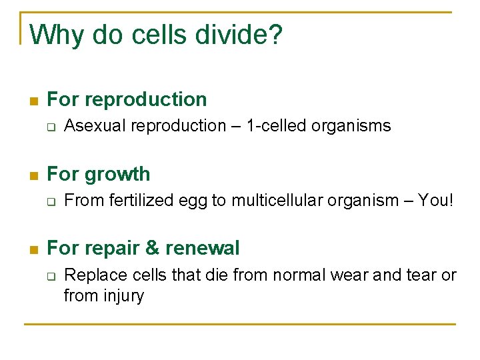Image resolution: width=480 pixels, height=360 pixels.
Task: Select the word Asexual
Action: (x=95, y=125)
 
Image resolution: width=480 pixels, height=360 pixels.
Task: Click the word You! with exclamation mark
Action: (x=435, y=200)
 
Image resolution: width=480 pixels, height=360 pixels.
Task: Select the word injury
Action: (x=123, y=295)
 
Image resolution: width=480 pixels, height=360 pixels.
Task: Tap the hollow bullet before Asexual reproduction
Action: (x=51, y=127)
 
